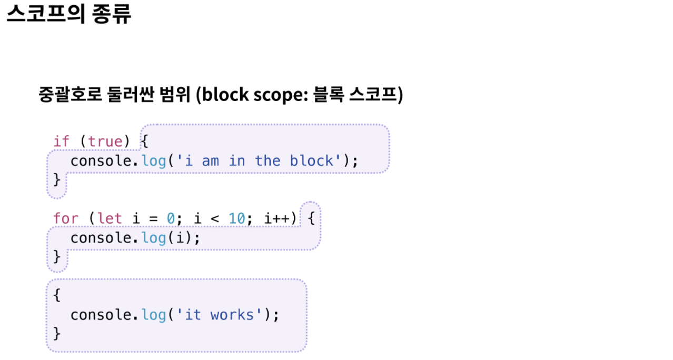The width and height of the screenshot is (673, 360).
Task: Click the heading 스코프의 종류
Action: (x=68, y=14)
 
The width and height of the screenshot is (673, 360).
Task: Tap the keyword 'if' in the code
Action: (x=61, y=142)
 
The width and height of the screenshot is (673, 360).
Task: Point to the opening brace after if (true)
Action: (x=145, y=141)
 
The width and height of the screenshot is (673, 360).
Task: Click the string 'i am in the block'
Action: (x=255, y=161)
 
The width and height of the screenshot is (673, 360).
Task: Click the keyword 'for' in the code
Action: (x=65, y=218)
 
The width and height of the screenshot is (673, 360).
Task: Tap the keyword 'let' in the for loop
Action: (x=110, y=218)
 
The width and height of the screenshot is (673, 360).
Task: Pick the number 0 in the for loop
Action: (x=171, y=218)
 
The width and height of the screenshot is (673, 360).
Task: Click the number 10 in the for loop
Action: (x=237, y=218)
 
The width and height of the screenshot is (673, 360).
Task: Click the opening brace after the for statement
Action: (x=311, y=218)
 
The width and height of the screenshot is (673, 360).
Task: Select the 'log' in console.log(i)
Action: (x=154, y=238)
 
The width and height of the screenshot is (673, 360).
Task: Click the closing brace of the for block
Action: (x=57, y=257)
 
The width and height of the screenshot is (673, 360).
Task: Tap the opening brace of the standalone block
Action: (x=57, y=295)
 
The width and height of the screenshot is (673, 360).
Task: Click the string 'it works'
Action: (x=219, y=315)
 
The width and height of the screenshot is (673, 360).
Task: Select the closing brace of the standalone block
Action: (x=57, y=334)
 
